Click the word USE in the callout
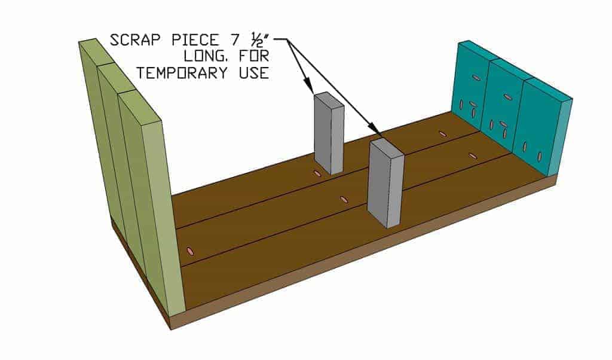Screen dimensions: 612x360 (253, 72)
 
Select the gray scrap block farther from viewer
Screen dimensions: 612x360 (329, 133)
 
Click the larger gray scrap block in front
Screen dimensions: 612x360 (385, 183)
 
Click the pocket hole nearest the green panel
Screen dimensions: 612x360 (191, 251)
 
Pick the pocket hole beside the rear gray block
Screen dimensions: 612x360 (317, 173)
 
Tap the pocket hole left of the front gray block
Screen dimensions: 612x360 (344, 199)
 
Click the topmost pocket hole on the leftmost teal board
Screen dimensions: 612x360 (476, 77)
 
